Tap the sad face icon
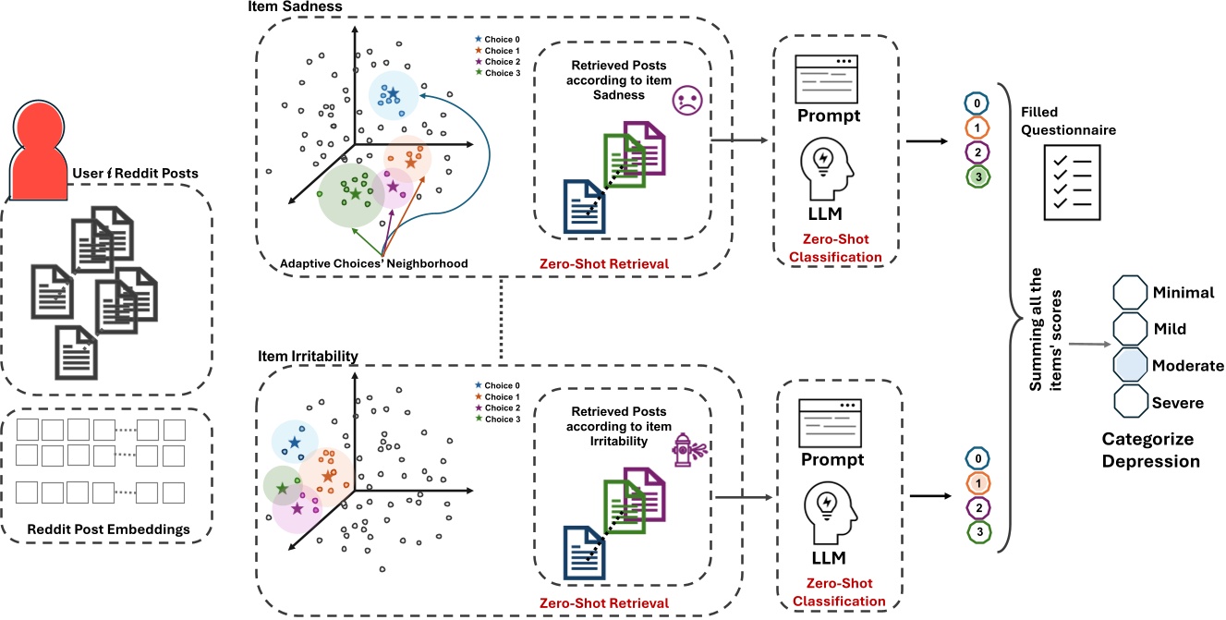(687, 100)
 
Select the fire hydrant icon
(688, 450)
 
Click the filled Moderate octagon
(1130, 364)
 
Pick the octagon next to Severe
(1131, 401)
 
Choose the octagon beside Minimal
(1130, 292)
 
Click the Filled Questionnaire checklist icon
(1072, 182)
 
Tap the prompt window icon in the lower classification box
(830, 423)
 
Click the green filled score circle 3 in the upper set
(978, 176)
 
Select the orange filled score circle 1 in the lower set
(978, 483)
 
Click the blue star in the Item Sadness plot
(393, 93)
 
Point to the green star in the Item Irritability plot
(282, 488)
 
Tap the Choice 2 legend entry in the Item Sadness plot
(498, 62)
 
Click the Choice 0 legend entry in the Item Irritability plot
(498, 386)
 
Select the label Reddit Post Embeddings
(108, 529)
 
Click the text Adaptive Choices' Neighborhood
(374, 263)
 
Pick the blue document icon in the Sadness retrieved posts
(585, 206)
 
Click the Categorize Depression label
(1150, 450)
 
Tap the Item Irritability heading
(308, 357)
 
